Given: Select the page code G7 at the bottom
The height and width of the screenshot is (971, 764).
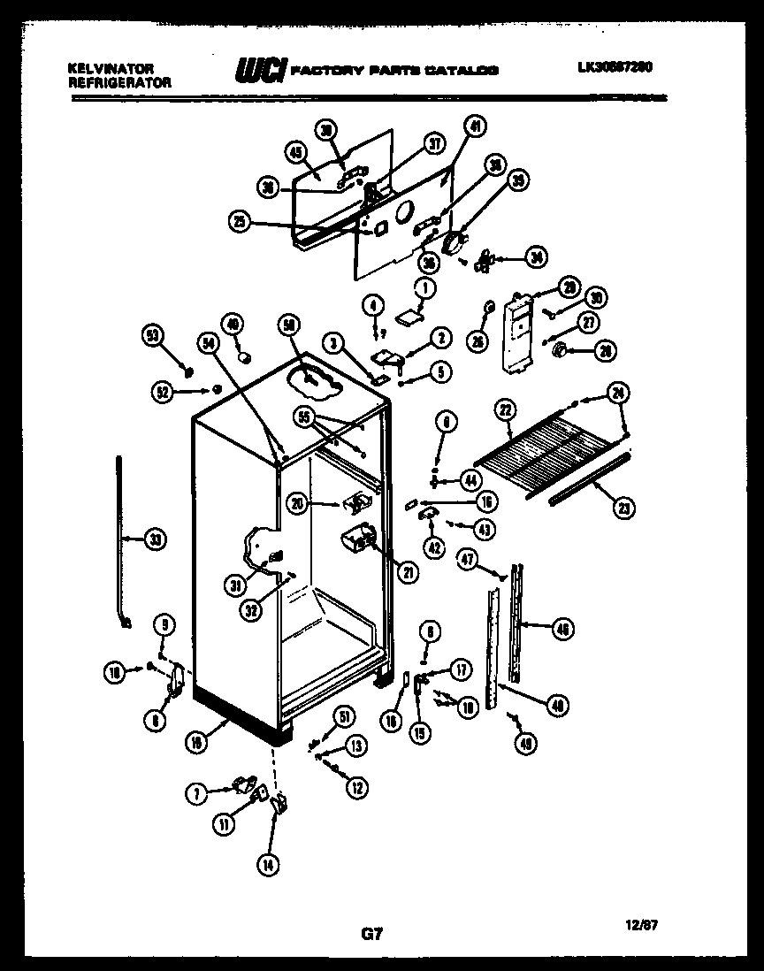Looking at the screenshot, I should pos(372,933).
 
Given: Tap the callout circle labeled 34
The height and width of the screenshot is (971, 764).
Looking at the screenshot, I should pos(535,257).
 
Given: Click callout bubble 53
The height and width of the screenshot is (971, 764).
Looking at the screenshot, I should pos(154,335).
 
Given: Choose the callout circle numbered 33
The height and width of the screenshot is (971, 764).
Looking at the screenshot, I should pos(155,539).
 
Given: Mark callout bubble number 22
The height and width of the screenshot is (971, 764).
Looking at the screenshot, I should pos(505,409).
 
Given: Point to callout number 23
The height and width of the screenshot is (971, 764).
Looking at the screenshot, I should pos(623,507).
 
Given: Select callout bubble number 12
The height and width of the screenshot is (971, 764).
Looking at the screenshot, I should pos(355,786).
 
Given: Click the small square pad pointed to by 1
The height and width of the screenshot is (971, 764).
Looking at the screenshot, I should pos(409,315).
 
